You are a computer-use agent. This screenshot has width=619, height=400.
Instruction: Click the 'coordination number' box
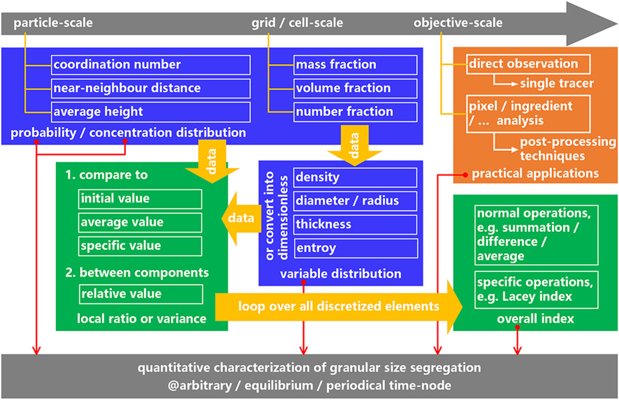coord(151,65)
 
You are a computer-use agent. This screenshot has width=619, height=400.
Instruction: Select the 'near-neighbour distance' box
coord(151,88)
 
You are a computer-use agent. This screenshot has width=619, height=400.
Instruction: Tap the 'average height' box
coord(151,112)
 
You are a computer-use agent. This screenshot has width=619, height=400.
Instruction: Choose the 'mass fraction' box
coord(356,65)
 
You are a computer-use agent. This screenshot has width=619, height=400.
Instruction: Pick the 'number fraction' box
coord(356,112)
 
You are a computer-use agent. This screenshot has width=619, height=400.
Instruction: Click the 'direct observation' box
coord(528,64)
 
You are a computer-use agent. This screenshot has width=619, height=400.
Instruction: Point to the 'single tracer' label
coord(557,84)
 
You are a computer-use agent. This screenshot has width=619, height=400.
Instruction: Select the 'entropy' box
coord(356,248)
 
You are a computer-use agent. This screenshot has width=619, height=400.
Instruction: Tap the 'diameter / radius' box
coord(356,201)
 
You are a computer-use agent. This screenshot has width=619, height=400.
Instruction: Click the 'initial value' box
coord(140,199)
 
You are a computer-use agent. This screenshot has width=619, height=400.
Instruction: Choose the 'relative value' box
coord(141,294)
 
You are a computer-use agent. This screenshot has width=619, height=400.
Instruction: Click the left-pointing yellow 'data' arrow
coord(241,219)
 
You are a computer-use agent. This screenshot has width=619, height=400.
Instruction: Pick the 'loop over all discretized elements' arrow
coord(339,307)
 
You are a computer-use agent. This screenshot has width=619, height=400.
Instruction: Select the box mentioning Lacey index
coord(536,290)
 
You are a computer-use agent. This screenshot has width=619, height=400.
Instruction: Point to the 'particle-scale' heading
coord(53,23)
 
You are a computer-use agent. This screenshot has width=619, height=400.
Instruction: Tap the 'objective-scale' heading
coord(458,23)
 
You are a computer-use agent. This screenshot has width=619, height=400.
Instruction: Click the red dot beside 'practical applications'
coord(465,175)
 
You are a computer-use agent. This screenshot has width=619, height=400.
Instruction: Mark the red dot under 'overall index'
coord(517,327)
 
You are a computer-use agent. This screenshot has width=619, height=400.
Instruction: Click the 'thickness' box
coord(356,225)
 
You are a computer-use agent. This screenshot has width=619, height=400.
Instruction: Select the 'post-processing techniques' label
coord(568,149)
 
